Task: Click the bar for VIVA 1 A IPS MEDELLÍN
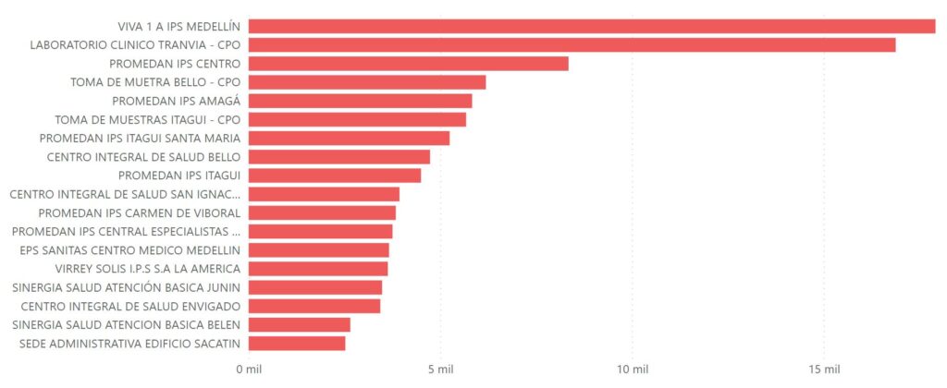pyautogui.click(x=592, y=26)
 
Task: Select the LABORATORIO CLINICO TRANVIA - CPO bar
pyautogui.click(x=572, y=44)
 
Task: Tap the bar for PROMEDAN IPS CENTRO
pyautogui.click(x=408, y=64)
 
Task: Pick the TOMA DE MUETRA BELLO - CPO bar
pyautogui.click(x=366, y=82)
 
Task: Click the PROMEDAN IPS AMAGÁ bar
pyautogui.click(x=360, y=101)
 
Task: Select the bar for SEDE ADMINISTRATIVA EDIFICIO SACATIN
pyautogui.click(x=296, y=344)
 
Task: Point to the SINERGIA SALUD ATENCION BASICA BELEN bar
pyautogui.click(x=299, y=324)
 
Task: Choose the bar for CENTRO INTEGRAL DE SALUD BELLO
pyautogui.click(x=338, y=157)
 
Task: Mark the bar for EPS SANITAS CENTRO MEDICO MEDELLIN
pyautogui.click(x=318, y=250)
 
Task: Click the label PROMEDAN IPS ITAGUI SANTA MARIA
pyautogui.click(x=140, y=138)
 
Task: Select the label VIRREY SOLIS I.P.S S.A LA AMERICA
pyautogui.click(x=130, y=269)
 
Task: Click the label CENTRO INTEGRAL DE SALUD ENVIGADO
pyautogui.click(x=130, y=306)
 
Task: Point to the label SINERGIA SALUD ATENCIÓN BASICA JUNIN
pyautogui.click(x=127, y=287)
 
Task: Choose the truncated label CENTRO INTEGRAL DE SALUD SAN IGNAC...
pyautogui.click(x=125, y=194)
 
